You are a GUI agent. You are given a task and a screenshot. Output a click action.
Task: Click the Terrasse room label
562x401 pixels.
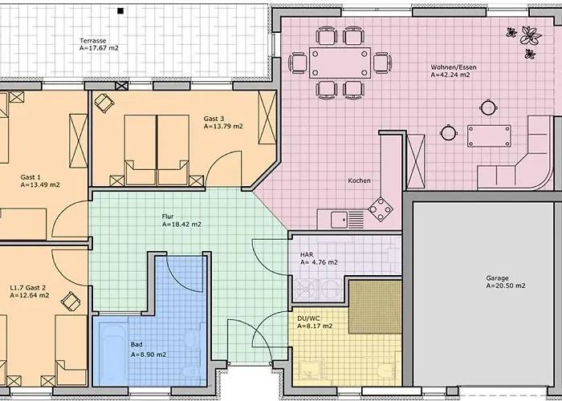pyautogui.click(x=93, y=40)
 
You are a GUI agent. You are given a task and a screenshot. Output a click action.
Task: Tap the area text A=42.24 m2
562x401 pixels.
pyautogui.click(x=450, y=75)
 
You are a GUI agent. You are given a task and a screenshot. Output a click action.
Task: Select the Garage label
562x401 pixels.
pyautogui.click(x=497, y=277)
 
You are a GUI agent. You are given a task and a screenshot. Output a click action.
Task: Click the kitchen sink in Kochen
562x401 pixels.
pyautogui.click(x=339, y=220)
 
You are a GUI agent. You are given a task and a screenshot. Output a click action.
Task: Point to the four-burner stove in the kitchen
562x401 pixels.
pyautogui.click(x=381, y=209)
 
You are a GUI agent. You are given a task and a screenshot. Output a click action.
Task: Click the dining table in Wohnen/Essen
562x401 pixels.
pyautogui.click(x=340, y=63)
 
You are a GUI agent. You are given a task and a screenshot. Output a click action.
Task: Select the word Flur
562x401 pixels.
pyautogui.click(x=168, y=217)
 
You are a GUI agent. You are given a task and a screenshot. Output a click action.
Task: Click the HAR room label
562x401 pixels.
pyautogui.click(x=307, y=254)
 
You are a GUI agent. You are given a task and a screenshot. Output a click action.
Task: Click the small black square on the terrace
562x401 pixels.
pyautogui.click(x=120, y=11)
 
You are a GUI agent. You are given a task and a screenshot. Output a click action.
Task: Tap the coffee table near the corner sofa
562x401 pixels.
pyautogui.click(x=488, y=136)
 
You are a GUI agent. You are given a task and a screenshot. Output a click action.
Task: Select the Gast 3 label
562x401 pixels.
pyautogui.click(x=214, y=119)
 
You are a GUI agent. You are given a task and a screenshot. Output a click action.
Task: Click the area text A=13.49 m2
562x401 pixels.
pyautogui.click(x=40, y=184)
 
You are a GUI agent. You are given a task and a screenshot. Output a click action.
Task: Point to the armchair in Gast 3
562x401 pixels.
pyautogui.click(x=104, y=103)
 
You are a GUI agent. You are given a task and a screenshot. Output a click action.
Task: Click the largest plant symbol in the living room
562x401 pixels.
pyautogui.click(x=531, y=35)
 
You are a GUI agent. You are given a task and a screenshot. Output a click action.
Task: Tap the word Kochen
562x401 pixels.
pyautogui.click(x=359, y=180)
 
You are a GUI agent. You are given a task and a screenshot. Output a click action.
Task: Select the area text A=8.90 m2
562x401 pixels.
pyautogui.click(x=149, y=354)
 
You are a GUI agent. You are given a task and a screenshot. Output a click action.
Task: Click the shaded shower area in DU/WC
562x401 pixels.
pyautogui.click(x=375, y=307)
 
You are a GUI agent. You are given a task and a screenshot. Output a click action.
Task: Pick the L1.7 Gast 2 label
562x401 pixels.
pyautogui.click(x=28, y=287)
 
